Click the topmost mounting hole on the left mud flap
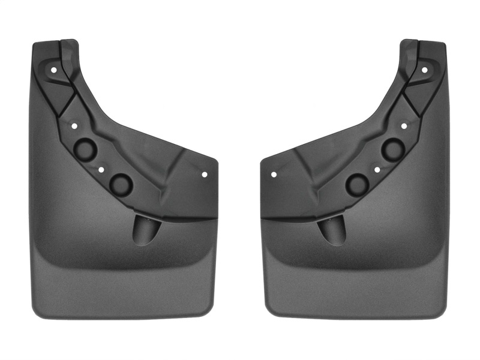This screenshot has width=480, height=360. point(54,70)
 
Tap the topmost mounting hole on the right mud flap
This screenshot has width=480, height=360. point(424,70)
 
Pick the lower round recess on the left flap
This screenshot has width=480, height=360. point(121,184)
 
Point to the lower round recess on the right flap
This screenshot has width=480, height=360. point(359,184)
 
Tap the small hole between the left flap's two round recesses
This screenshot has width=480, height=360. point(101,170)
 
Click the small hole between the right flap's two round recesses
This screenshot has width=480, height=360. point(377,170)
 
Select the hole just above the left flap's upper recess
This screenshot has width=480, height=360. point(75,127)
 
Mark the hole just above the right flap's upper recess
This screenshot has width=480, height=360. point(404,127)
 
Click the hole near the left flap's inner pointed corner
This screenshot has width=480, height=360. point(205,175)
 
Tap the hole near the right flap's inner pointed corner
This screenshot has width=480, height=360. point(274,175)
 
